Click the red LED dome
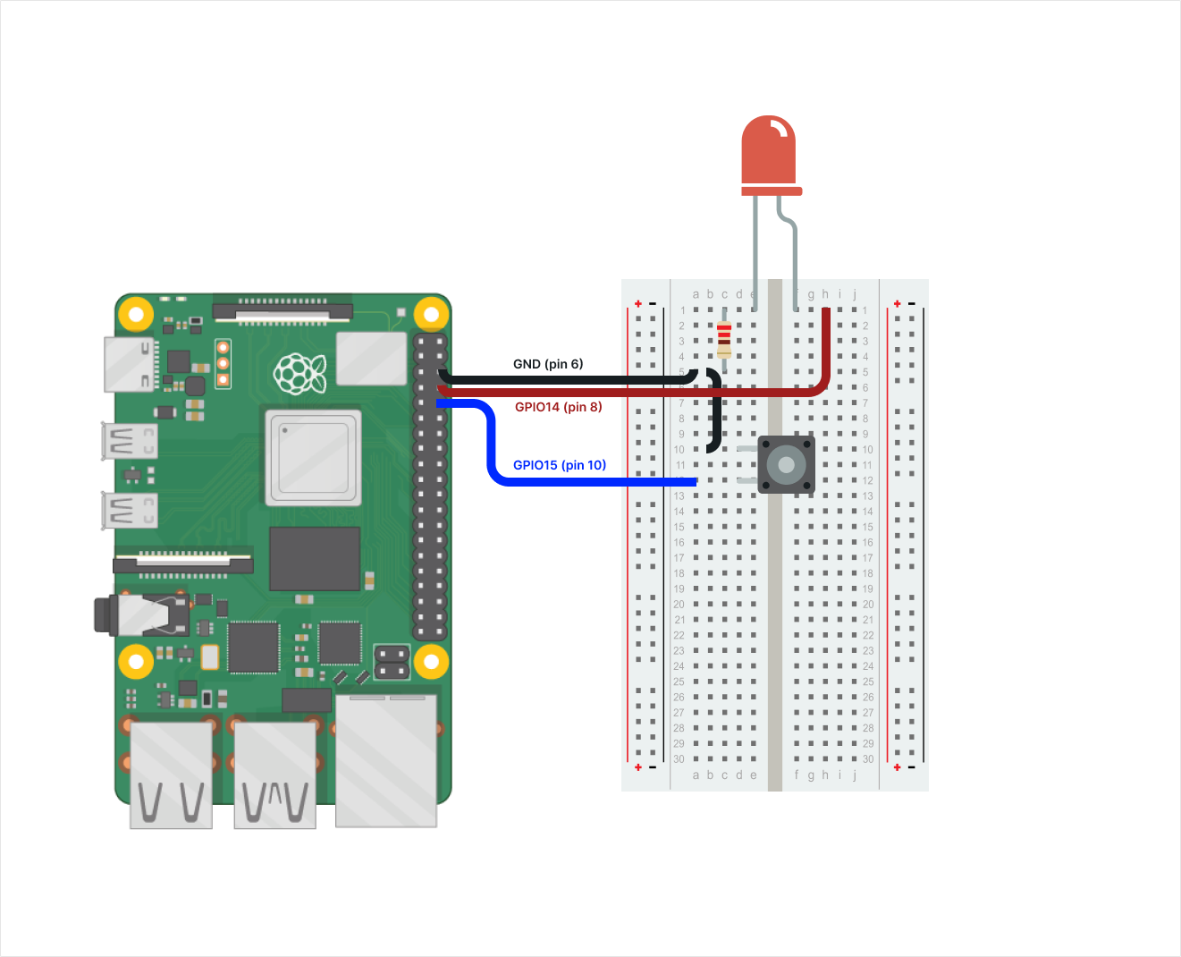pyautogui.click(x=769, y=152)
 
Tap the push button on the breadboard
pyautogui.click(x=786, y=465)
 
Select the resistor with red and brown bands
pyautogui.click(x=724, y=339)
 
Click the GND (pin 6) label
pyautogui.click(x=548, y=364)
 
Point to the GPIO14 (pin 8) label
pyautogui.click(x=559, y=407)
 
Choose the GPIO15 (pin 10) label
pyautogui.click(x=560, y=465)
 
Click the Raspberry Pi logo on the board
pyautogui.click(x=299, y=373)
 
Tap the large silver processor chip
pyautogui.click(x=313, y=457)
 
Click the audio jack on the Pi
pyautogui.click(x=134, y=615)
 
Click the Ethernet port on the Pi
pyautogui.click(x=386, y=760)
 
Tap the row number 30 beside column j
pyautogui.click(x=868, y=759)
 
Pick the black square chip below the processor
pyautogui.click(x=315, y=558)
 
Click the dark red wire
pyautogui.click(x=626, y=392)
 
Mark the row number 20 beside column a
pyautogui.click(x=679, y=605)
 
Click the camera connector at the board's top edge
pyautogui.click(x=283, y=311)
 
